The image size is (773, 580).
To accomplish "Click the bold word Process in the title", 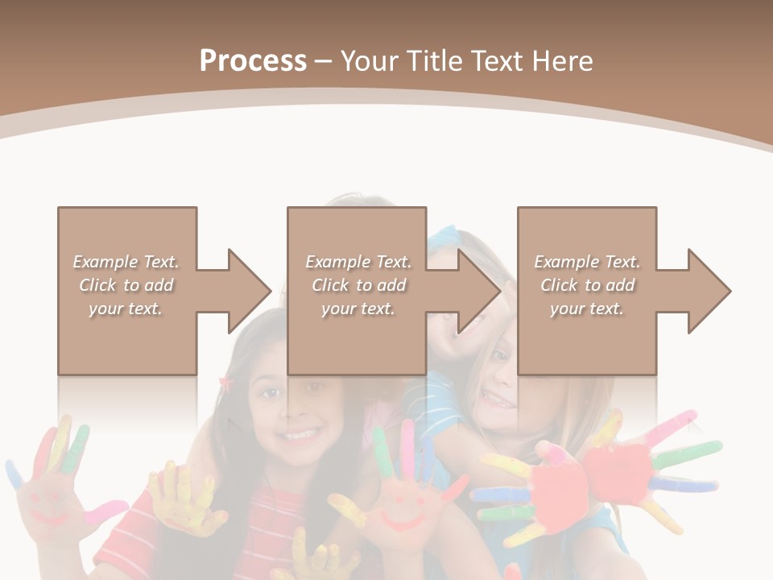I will (253, 60).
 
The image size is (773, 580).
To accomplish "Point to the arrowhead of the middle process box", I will (478, 291).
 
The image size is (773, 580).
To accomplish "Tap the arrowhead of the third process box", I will (709, 291).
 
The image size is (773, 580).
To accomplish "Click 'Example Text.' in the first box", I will (126, 262).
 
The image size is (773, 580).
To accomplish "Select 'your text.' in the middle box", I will (358, 309).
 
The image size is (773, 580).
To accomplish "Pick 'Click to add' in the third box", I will (588, 285).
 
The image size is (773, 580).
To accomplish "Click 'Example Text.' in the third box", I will (587, 262).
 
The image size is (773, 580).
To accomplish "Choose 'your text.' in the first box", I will (126, 309).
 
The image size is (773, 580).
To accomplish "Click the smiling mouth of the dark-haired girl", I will (299, 436).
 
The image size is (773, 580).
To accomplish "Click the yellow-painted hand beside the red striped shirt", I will (182, 499).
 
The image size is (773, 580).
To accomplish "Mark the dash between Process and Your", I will (323, 61).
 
